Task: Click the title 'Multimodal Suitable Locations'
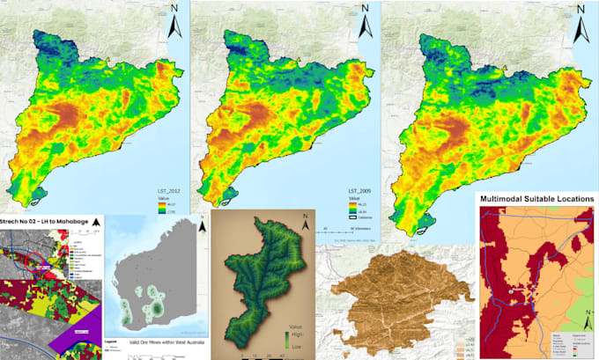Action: point(536,200)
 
